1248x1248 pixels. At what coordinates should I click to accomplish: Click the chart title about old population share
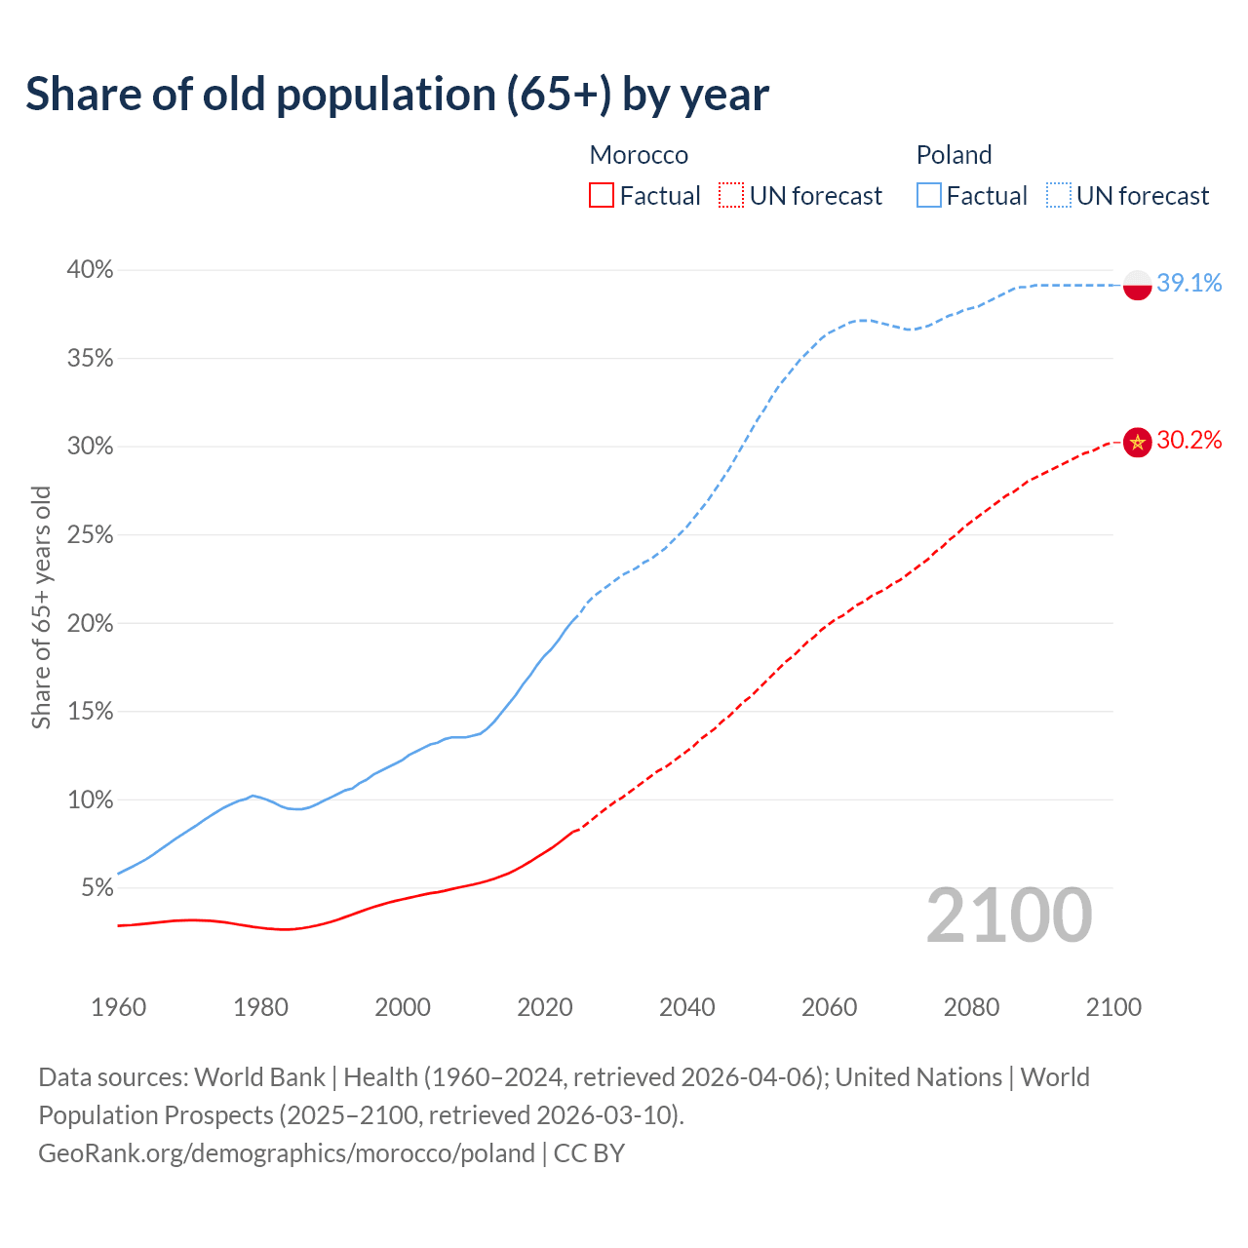pyautogui.click(x=397, y=95)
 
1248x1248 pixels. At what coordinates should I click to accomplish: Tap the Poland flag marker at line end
pyautogui.click(x=1138, y=285)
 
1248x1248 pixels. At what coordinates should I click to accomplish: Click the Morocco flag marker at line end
pyautogui.click(x=1138, y=442)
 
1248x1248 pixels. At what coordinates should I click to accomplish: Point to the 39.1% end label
pyautogui.click(x=1189, y=284)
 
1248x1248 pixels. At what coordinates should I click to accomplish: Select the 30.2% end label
pyautogui.click(x=1189, y=441)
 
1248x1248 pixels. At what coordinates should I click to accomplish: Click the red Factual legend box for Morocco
pyautogui.click(x=602, y=196)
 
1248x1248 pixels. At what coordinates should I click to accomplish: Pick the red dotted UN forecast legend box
pyautogui.click(x=731, y=196)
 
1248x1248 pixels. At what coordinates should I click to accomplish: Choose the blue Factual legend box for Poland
pyautogui.click(x=929, y=196)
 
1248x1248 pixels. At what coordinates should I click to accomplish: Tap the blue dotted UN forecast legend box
pyautogui.click(x=1058, y=196)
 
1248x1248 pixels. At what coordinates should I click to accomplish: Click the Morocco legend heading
pyautogui.click(x=639, y=155)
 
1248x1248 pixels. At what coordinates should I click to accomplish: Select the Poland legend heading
pyautogui.click(x=954, y=155)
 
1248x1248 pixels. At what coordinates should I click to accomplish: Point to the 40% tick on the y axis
pyautogui.click(x=91, y=270)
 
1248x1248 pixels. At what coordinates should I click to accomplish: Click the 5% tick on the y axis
pyautogui.click(x=97, y=888)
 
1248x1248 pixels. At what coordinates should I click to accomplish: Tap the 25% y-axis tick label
pyautogui.click(x=91, y=535)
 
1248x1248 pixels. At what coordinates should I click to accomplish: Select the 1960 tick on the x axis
pyautogui.click(x=118, y=1007)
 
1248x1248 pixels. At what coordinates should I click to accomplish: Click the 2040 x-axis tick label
pyautogui.click(x=687, y=1007)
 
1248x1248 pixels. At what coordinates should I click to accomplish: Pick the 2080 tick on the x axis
pyautogui.click(x=971, y=1007)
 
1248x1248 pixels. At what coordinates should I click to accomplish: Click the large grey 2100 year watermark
pyautogui.click(x=1009, y=916)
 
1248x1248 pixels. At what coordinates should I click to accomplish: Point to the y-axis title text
pyautogui.click(x=41, y=607)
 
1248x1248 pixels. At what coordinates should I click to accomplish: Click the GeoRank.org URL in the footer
pyautogui.click(x=287, y=1153)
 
